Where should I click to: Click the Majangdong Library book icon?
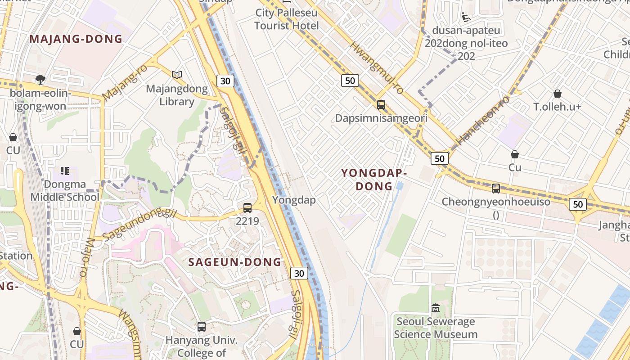click(x=177, y=75)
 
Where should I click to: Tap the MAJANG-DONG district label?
click(x=76, y=39)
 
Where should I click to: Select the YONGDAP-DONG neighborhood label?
click(x=374, y=179)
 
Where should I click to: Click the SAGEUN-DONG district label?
click(x=234, y=262)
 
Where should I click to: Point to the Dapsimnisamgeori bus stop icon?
click(x=381, y=105)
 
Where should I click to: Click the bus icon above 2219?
click(x=247, y=208)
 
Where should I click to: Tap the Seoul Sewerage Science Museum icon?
click(x=435, y=309)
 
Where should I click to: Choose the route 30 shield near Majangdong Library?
click(x=225, y=81)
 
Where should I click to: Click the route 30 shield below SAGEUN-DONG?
click(x=300, y=273)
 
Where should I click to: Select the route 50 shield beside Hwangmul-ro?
click(x=350, y=81)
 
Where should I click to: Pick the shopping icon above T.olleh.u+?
click(x=558, y=94)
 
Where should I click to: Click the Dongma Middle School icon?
click(x=64, y=171)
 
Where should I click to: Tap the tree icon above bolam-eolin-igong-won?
click(x=40, y=80)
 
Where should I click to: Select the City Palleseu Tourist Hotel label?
click(x=286, y=19)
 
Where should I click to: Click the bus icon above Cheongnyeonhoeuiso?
click(x=495, y=188)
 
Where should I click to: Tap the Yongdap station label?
click(x=294, y=200)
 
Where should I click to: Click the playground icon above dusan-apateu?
click(x=467, y=17)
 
